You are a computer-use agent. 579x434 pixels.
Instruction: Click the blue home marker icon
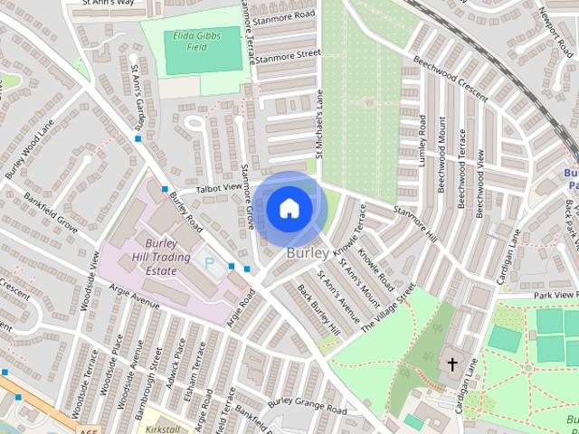tap(289, 209)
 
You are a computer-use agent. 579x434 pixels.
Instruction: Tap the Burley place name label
tap(307, 254)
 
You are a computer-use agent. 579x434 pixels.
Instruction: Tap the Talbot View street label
tap(214, 188)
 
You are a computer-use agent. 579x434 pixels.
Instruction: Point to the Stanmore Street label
tap(288, 55)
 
